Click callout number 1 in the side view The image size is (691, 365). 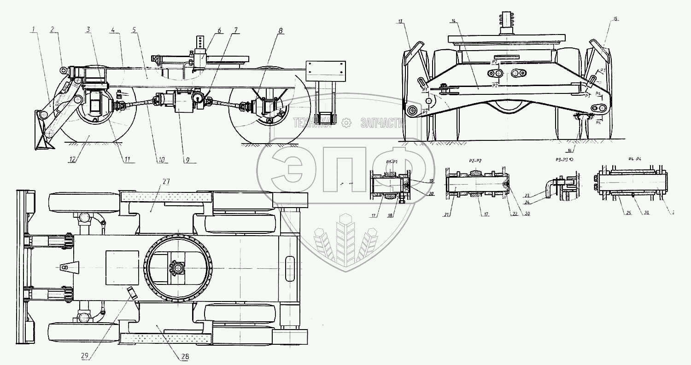click(33, 30)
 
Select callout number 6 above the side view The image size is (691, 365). click(219, 30)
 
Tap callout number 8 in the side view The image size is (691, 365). click(281, 31)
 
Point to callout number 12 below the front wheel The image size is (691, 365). click(72, 159)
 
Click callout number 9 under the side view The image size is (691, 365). click(188, 160)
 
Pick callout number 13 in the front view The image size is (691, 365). click(400, 21)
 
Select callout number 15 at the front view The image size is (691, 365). click(615, 19)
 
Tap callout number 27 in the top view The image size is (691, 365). click(166, 182)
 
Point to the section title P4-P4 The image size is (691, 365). click(634, 158)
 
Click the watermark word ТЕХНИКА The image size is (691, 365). click(312, 122)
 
